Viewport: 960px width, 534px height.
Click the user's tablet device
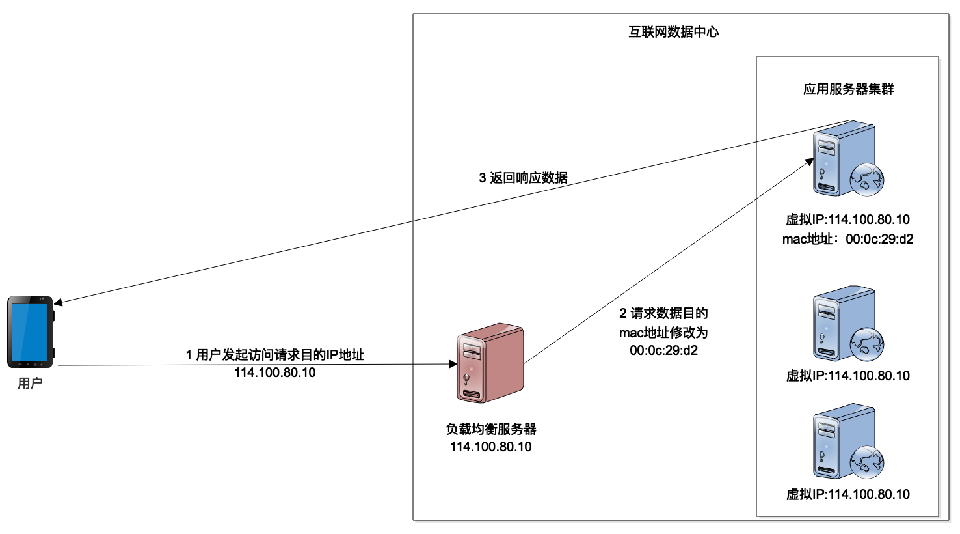point(30,332)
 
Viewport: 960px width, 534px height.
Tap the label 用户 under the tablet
point(30,384)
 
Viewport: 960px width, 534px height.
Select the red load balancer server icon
point(490,362)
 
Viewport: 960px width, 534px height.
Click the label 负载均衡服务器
point(491,429)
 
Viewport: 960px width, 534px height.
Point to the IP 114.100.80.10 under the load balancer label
point(491,447)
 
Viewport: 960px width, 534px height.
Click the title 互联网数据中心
point(674,32)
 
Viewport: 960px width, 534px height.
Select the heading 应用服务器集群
point(848,89)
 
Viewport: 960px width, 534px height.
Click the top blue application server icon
point(843,158)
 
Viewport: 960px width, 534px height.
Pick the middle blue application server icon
point(843,324)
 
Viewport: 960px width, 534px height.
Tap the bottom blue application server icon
point(843,442)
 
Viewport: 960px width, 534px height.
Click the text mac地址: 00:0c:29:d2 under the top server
point(847,239)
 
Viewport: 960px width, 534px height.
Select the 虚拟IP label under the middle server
point(847,376)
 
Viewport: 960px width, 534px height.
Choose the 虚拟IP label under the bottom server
point(847,494)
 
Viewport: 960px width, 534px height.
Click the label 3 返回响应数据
point(524,178)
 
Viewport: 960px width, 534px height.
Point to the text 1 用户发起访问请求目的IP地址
point(275,355)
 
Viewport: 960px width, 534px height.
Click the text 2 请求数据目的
point(663,313)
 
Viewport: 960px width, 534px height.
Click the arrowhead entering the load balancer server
point(453,364)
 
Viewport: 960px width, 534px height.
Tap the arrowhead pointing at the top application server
point(810,161)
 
